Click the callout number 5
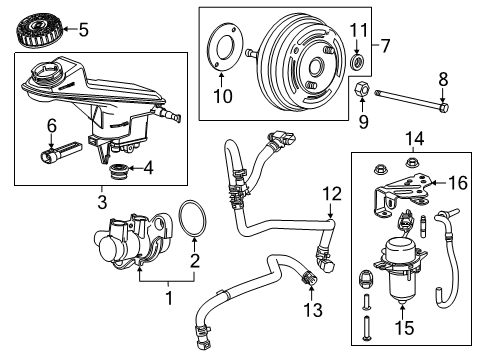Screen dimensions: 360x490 click(x=83, y=29)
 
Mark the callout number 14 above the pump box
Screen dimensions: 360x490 click(x=414, y=137)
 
